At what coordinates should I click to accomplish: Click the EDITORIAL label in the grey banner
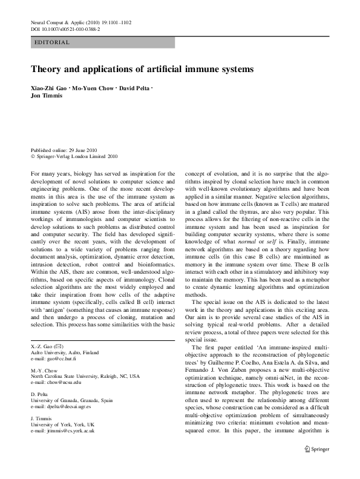point(53,43)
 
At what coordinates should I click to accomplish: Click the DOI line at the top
point(65,29)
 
